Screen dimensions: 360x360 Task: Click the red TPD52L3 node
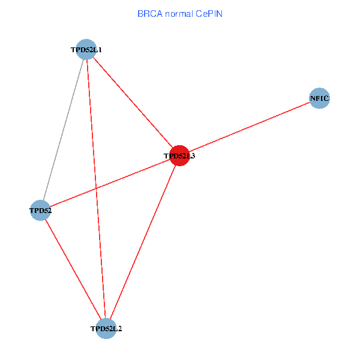[179, 155]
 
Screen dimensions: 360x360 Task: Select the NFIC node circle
[320, 98]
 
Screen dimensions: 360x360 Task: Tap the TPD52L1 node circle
[86, 49]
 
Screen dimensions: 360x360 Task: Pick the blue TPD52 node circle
[40, 210]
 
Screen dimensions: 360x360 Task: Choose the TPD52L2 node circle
[106, 329]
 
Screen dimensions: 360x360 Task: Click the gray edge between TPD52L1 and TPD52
[63, 130]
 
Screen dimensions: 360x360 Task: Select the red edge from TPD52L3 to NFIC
[250, 127]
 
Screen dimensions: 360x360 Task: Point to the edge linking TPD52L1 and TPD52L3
[133, 102]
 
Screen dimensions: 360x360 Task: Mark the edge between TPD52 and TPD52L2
[73, 269]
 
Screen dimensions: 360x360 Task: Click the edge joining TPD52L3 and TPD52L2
[143, 242]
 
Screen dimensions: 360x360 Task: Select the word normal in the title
[179, 13]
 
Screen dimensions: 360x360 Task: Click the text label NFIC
[320, 98]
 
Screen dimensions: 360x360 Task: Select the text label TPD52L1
[86, 50]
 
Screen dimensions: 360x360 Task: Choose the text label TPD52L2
[106, 329]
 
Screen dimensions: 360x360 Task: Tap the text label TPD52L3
[179, 156]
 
